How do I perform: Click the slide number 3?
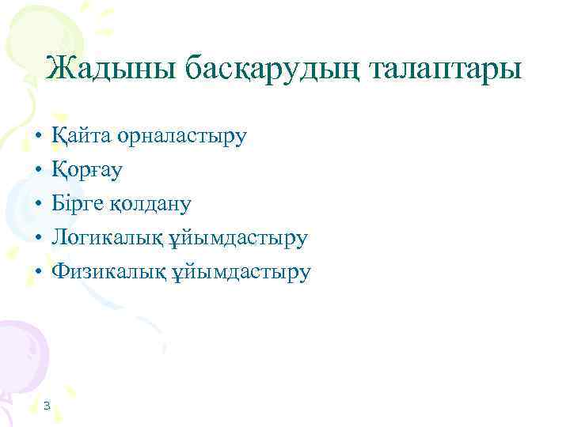pyautogui.click(x=47, y=406)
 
